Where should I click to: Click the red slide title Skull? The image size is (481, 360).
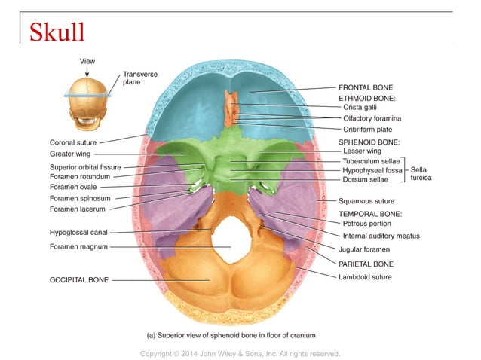57,32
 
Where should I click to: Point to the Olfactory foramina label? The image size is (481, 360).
372,118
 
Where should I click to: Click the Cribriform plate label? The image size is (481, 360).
369,129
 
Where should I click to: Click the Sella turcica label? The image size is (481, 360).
421,175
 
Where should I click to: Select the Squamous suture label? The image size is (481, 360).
367,201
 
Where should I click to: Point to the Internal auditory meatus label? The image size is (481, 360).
381,236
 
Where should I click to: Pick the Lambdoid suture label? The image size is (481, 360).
365,276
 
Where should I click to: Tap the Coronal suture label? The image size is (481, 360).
73,142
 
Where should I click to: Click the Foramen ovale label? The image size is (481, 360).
73,187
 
